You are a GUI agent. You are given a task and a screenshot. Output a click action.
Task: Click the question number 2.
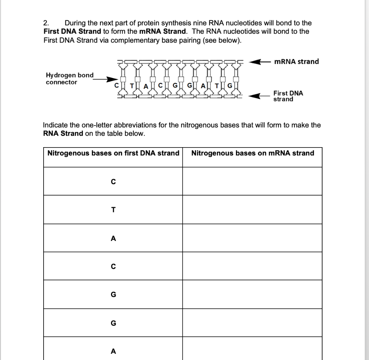(45, 23)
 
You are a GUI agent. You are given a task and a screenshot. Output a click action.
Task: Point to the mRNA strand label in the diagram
(296, 61)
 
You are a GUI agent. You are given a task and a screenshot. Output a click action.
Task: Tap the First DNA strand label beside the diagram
(288, 96)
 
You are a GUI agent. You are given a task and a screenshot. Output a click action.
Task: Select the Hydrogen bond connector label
(69, 79)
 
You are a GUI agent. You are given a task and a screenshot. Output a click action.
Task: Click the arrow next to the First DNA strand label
(259, 96)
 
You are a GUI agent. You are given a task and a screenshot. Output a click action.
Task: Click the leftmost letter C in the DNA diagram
(116, 85)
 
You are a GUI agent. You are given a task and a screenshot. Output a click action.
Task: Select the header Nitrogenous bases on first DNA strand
(113, 153)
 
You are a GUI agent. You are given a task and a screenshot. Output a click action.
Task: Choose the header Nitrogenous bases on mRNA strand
(253, 153)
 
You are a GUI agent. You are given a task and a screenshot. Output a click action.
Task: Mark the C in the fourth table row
(113, 267)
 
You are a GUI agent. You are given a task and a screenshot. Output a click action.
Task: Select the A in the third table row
(113, 238)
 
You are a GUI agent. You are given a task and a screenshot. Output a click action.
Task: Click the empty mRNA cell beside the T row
(252, 210)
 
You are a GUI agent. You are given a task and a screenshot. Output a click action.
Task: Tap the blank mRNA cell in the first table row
(252, 181)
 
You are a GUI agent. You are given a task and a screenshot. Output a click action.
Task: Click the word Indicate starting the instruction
(55, 125)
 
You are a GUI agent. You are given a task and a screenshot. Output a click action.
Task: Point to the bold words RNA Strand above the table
(63, 133)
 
